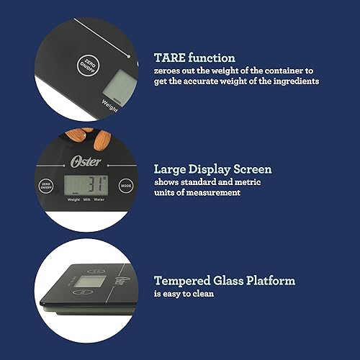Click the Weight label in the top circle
[x=109, y=105]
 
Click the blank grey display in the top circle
[x=115, y=86]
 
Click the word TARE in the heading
[x=169, y=57]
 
